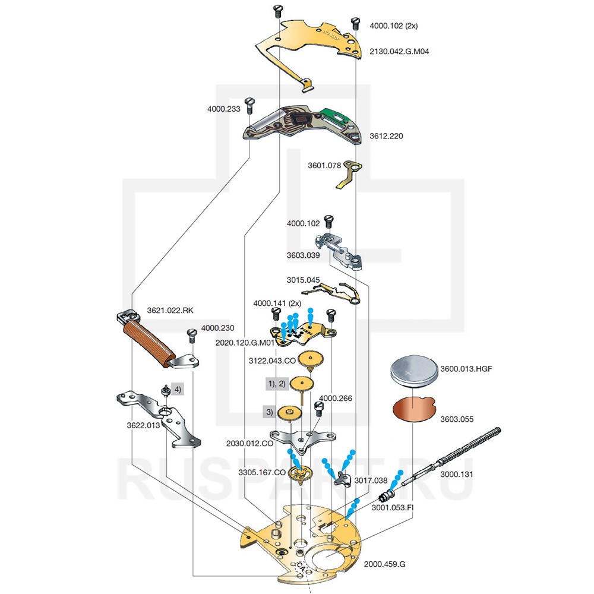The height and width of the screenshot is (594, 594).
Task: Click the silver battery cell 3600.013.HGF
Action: click(x=412, y=372)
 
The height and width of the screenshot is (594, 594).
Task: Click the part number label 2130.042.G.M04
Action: click(x=399, y=52)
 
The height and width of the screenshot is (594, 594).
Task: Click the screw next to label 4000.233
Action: click(x=250, y=107)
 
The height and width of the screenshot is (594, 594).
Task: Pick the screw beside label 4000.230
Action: click(x=191, y=336)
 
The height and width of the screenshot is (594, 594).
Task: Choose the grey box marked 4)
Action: click(x=178, y=390)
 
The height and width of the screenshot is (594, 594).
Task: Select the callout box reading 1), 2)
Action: click(x=276, y=384)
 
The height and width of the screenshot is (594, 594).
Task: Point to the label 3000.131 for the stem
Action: click(x=456, y=475)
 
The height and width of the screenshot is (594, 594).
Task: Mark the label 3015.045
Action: click(x=303, y=280)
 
